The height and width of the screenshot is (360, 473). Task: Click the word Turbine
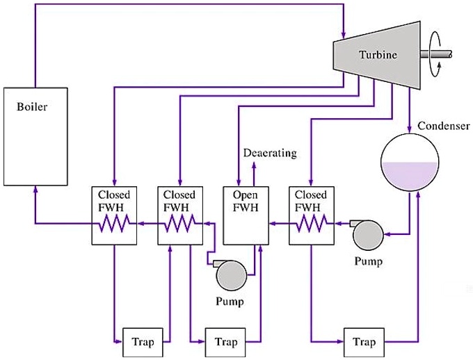click(x=378, y=55)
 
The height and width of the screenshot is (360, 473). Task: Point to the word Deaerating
click(x=270, y=153)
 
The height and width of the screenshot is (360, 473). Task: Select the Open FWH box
click(x=244, y=215)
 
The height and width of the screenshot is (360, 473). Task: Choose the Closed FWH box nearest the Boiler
click(x=113, y=215)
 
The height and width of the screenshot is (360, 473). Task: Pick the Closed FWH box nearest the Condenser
click(x=310, y=215)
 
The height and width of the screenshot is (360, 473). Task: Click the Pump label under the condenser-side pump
click(x=368, y=262)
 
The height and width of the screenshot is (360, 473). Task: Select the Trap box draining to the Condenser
click(x=364, y=341)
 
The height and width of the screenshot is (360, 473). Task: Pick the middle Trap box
click(x=225, y=341)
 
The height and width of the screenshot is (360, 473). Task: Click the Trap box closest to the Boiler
click(x=142, y=341)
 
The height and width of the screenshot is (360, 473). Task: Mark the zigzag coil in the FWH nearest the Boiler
click(x=113, y=224)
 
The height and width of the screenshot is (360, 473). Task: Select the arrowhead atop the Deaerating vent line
click(x=254, y=164)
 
